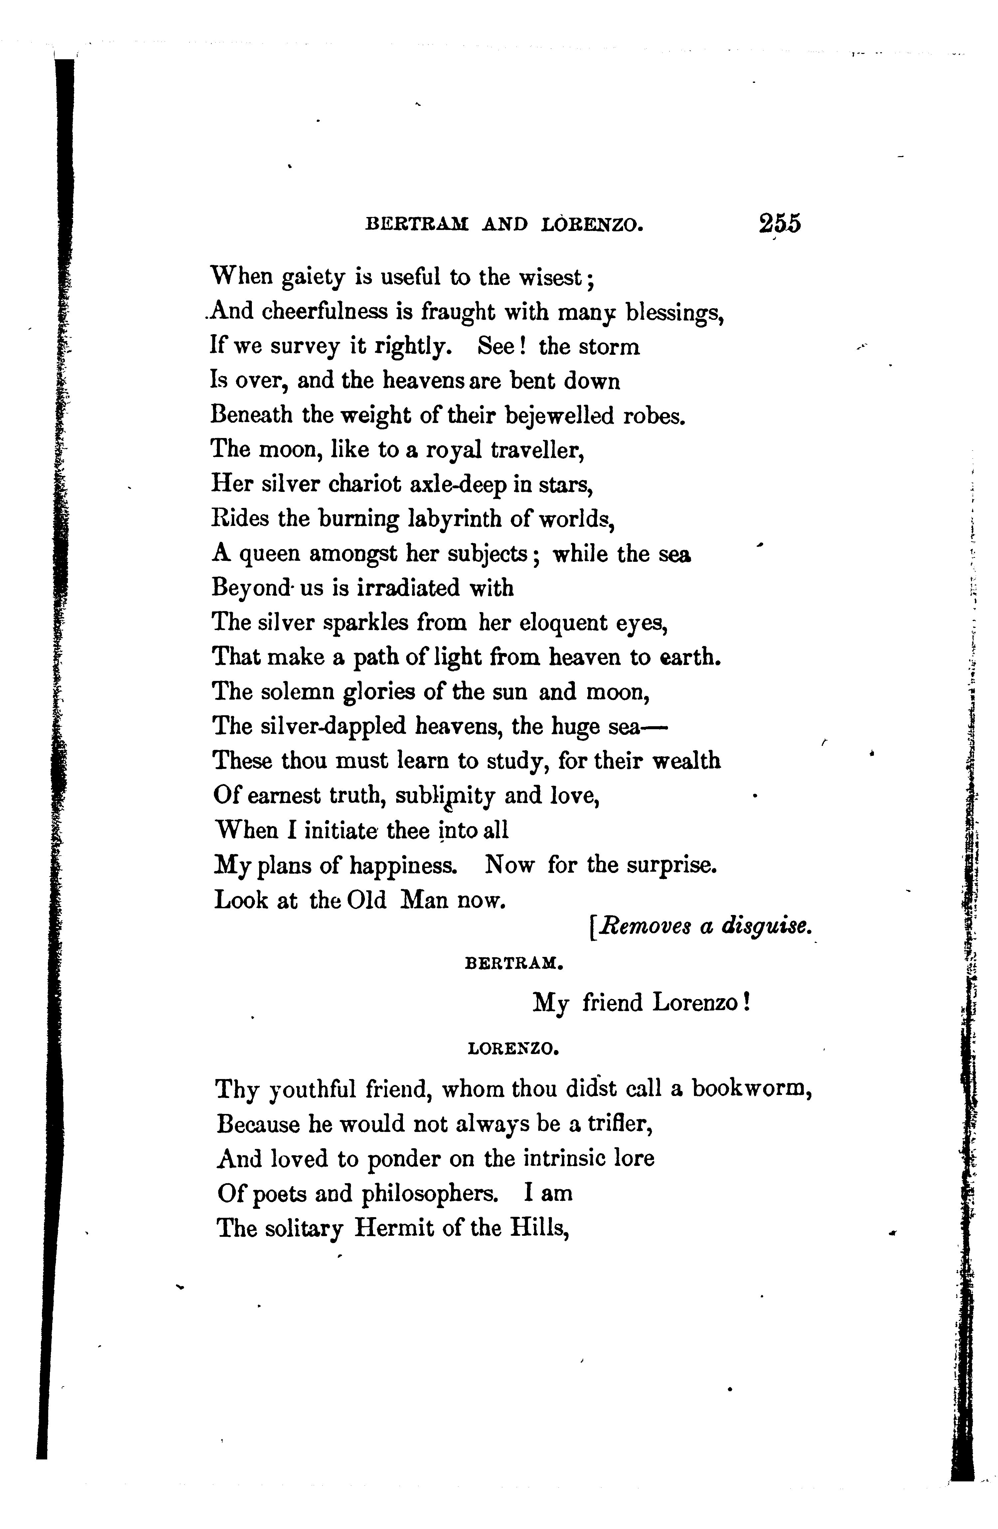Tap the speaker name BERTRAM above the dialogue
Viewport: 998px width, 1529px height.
(x=513, y=964)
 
